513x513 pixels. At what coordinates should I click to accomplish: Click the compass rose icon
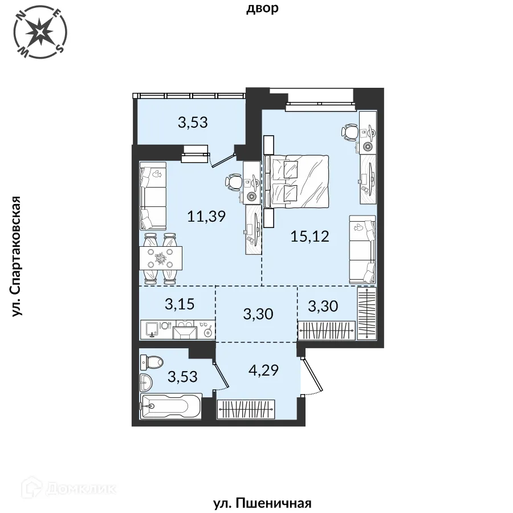(41, 32)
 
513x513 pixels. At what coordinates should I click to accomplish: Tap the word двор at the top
(262, 8)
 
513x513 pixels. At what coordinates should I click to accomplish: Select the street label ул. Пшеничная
(262, 503)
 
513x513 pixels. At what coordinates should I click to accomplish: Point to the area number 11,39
(206, 216)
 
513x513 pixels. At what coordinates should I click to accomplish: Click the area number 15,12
(310, 236)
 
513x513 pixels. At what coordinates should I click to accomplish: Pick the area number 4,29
(263, 370)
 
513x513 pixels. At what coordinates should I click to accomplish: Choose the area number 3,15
(180, 304)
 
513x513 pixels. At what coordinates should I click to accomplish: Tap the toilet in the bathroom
(152, 362)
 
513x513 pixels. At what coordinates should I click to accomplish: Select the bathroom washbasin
(146, 382)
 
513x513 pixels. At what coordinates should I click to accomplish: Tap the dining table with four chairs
(161, 258)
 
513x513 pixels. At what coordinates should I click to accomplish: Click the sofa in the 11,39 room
(153, 196)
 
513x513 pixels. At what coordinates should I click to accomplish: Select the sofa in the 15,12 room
(363, 249)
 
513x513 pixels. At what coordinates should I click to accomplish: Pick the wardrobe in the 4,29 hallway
(246, 409)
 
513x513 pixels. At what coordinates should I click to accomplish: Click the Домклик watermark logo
(69, 489)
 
